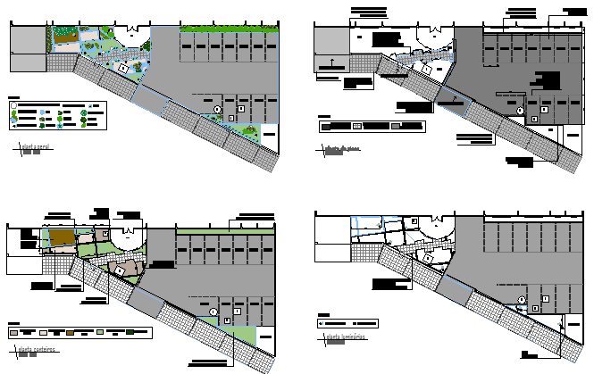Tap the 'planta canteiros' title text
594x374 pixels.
tap(34, 349)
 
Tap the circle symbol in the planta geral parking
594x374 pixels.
tap(217, 109)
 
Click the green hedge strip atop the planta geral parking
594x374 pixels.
tap(228, 30)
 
